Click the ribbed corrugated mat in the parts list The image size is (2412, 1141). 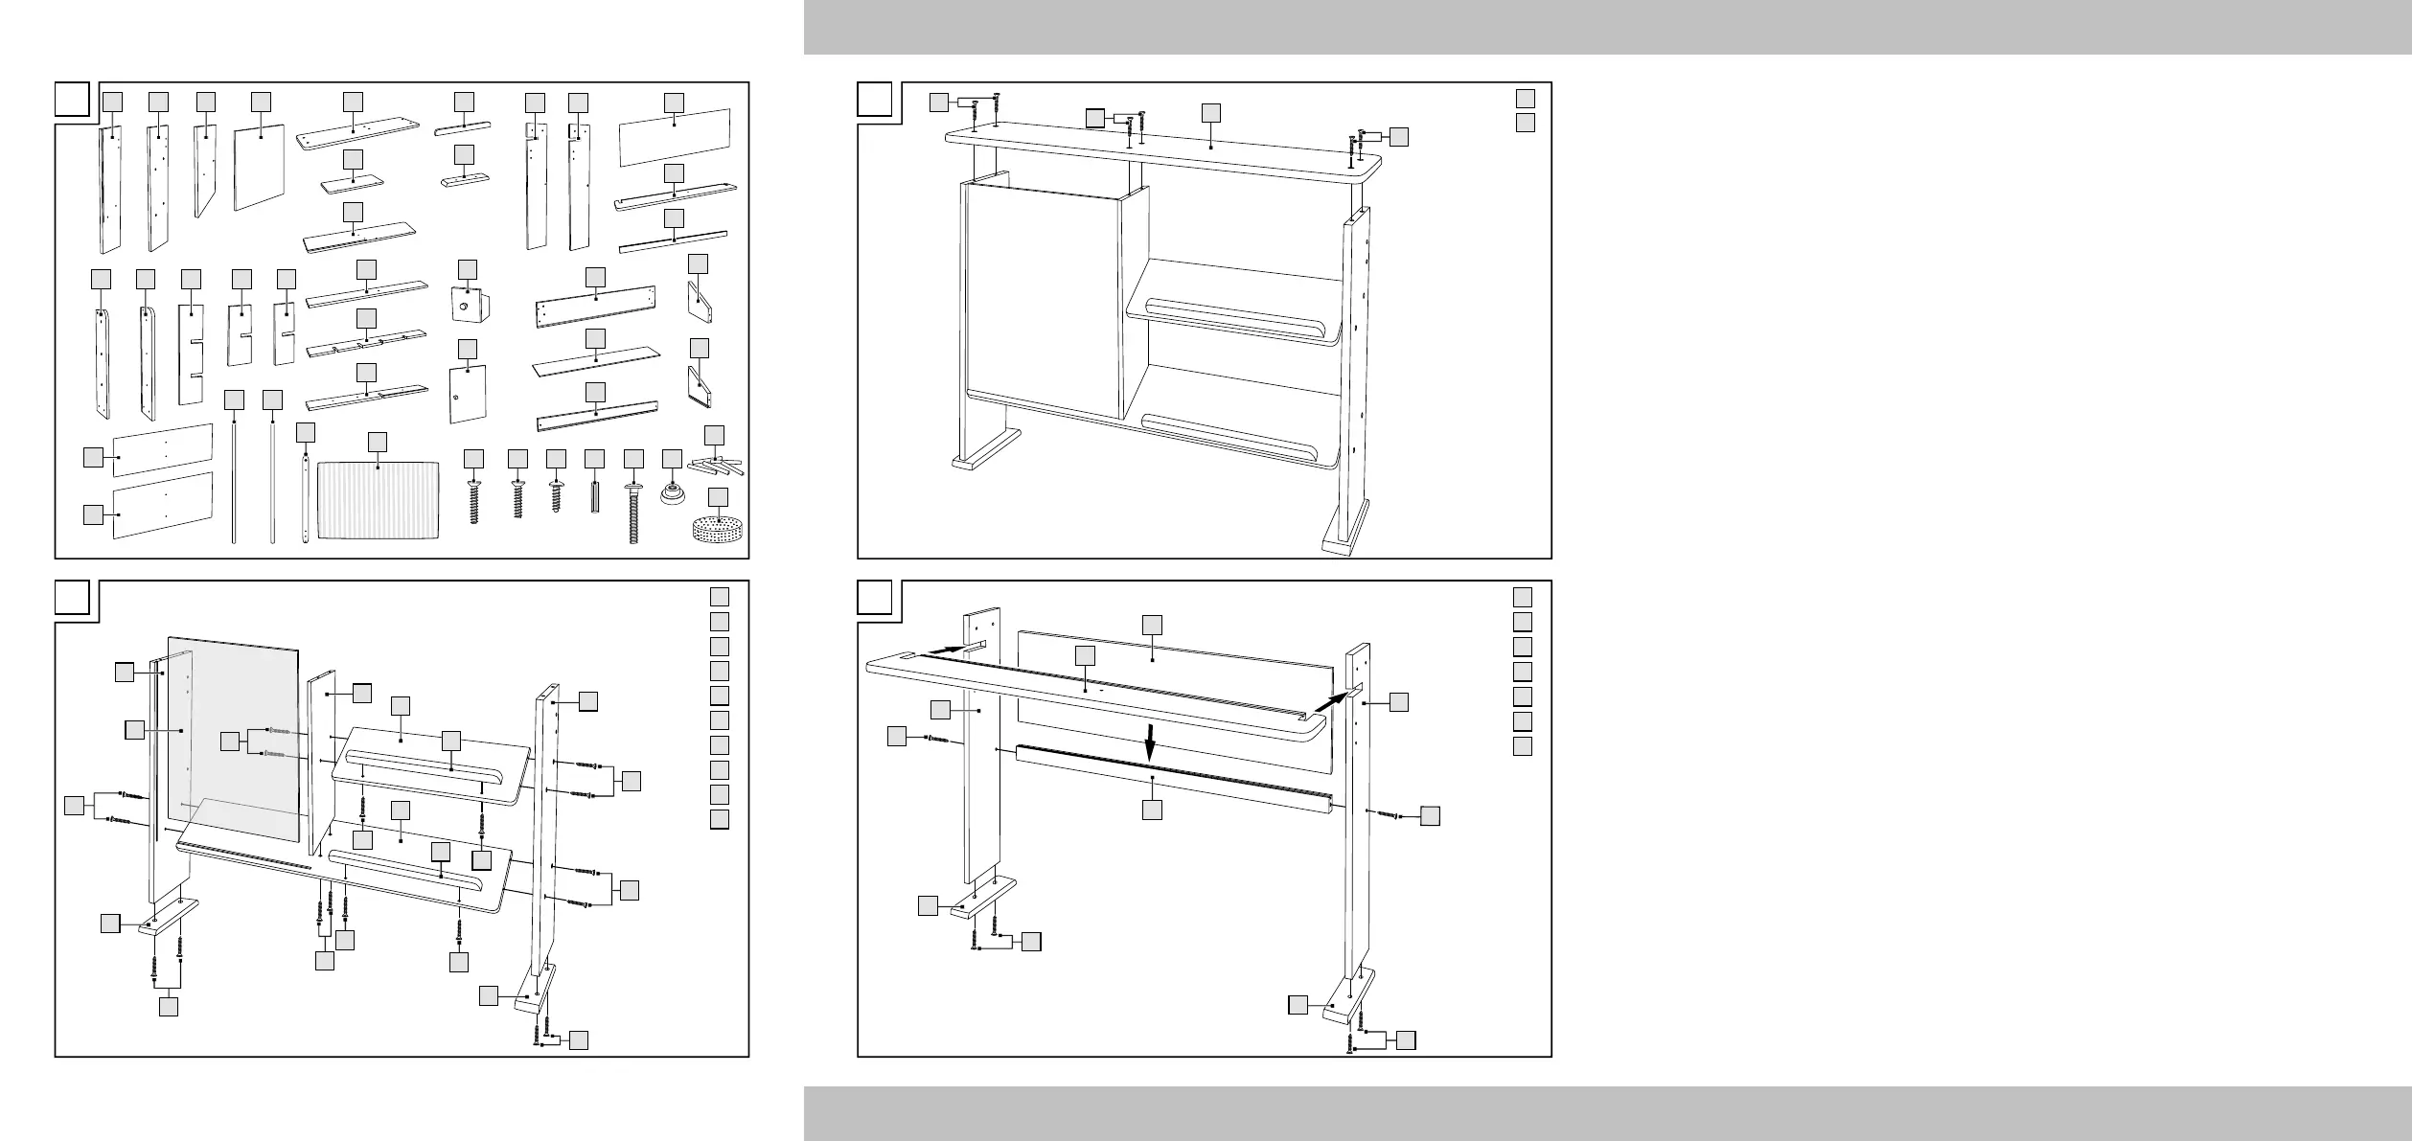pyautogui.click(x=379, y=501)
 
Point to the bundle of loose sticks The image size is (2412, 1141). pyautogui.click(x=716, y=467)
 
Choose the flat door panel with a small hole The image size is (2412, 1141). pyautogui.click(x=468, y=394)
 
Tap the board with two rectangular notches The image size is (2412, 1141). pyautogui.click(x=192, y=355)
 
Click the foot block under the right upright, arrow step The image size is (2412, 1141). pyautogui.click(x=1348, y=1010)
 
